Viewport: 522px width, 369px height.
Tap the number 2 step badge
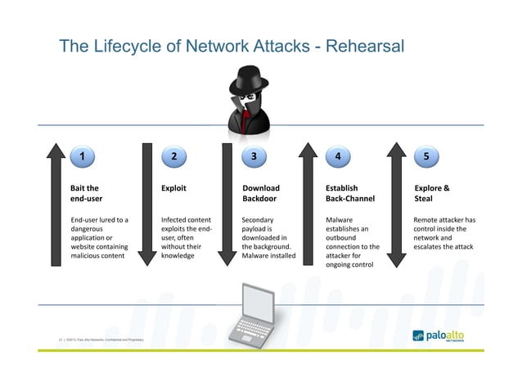[x=173, y=155]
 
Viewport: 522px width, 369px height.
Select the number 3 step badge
[x=254, y=155]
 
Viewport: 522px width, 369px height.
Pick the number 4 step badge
[x=338, y=155]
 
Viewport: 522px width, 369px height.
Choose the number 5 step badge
[x=427, y=155]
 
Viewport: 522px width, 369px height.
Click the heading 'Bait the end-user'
[x=86, y=192]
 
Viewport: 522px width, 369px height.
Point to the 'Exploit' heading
[x=173, y=187]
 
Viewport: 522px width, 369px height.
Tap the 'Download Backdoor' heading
[x=260, y=192]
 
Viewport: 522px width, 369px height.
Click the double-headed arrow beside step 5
[x=396, y=205]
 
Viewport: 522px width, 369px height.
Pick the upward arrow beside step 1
[x=56, y=205]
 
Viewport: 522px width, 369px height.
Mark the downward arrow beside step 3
[x=229, y=205]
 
